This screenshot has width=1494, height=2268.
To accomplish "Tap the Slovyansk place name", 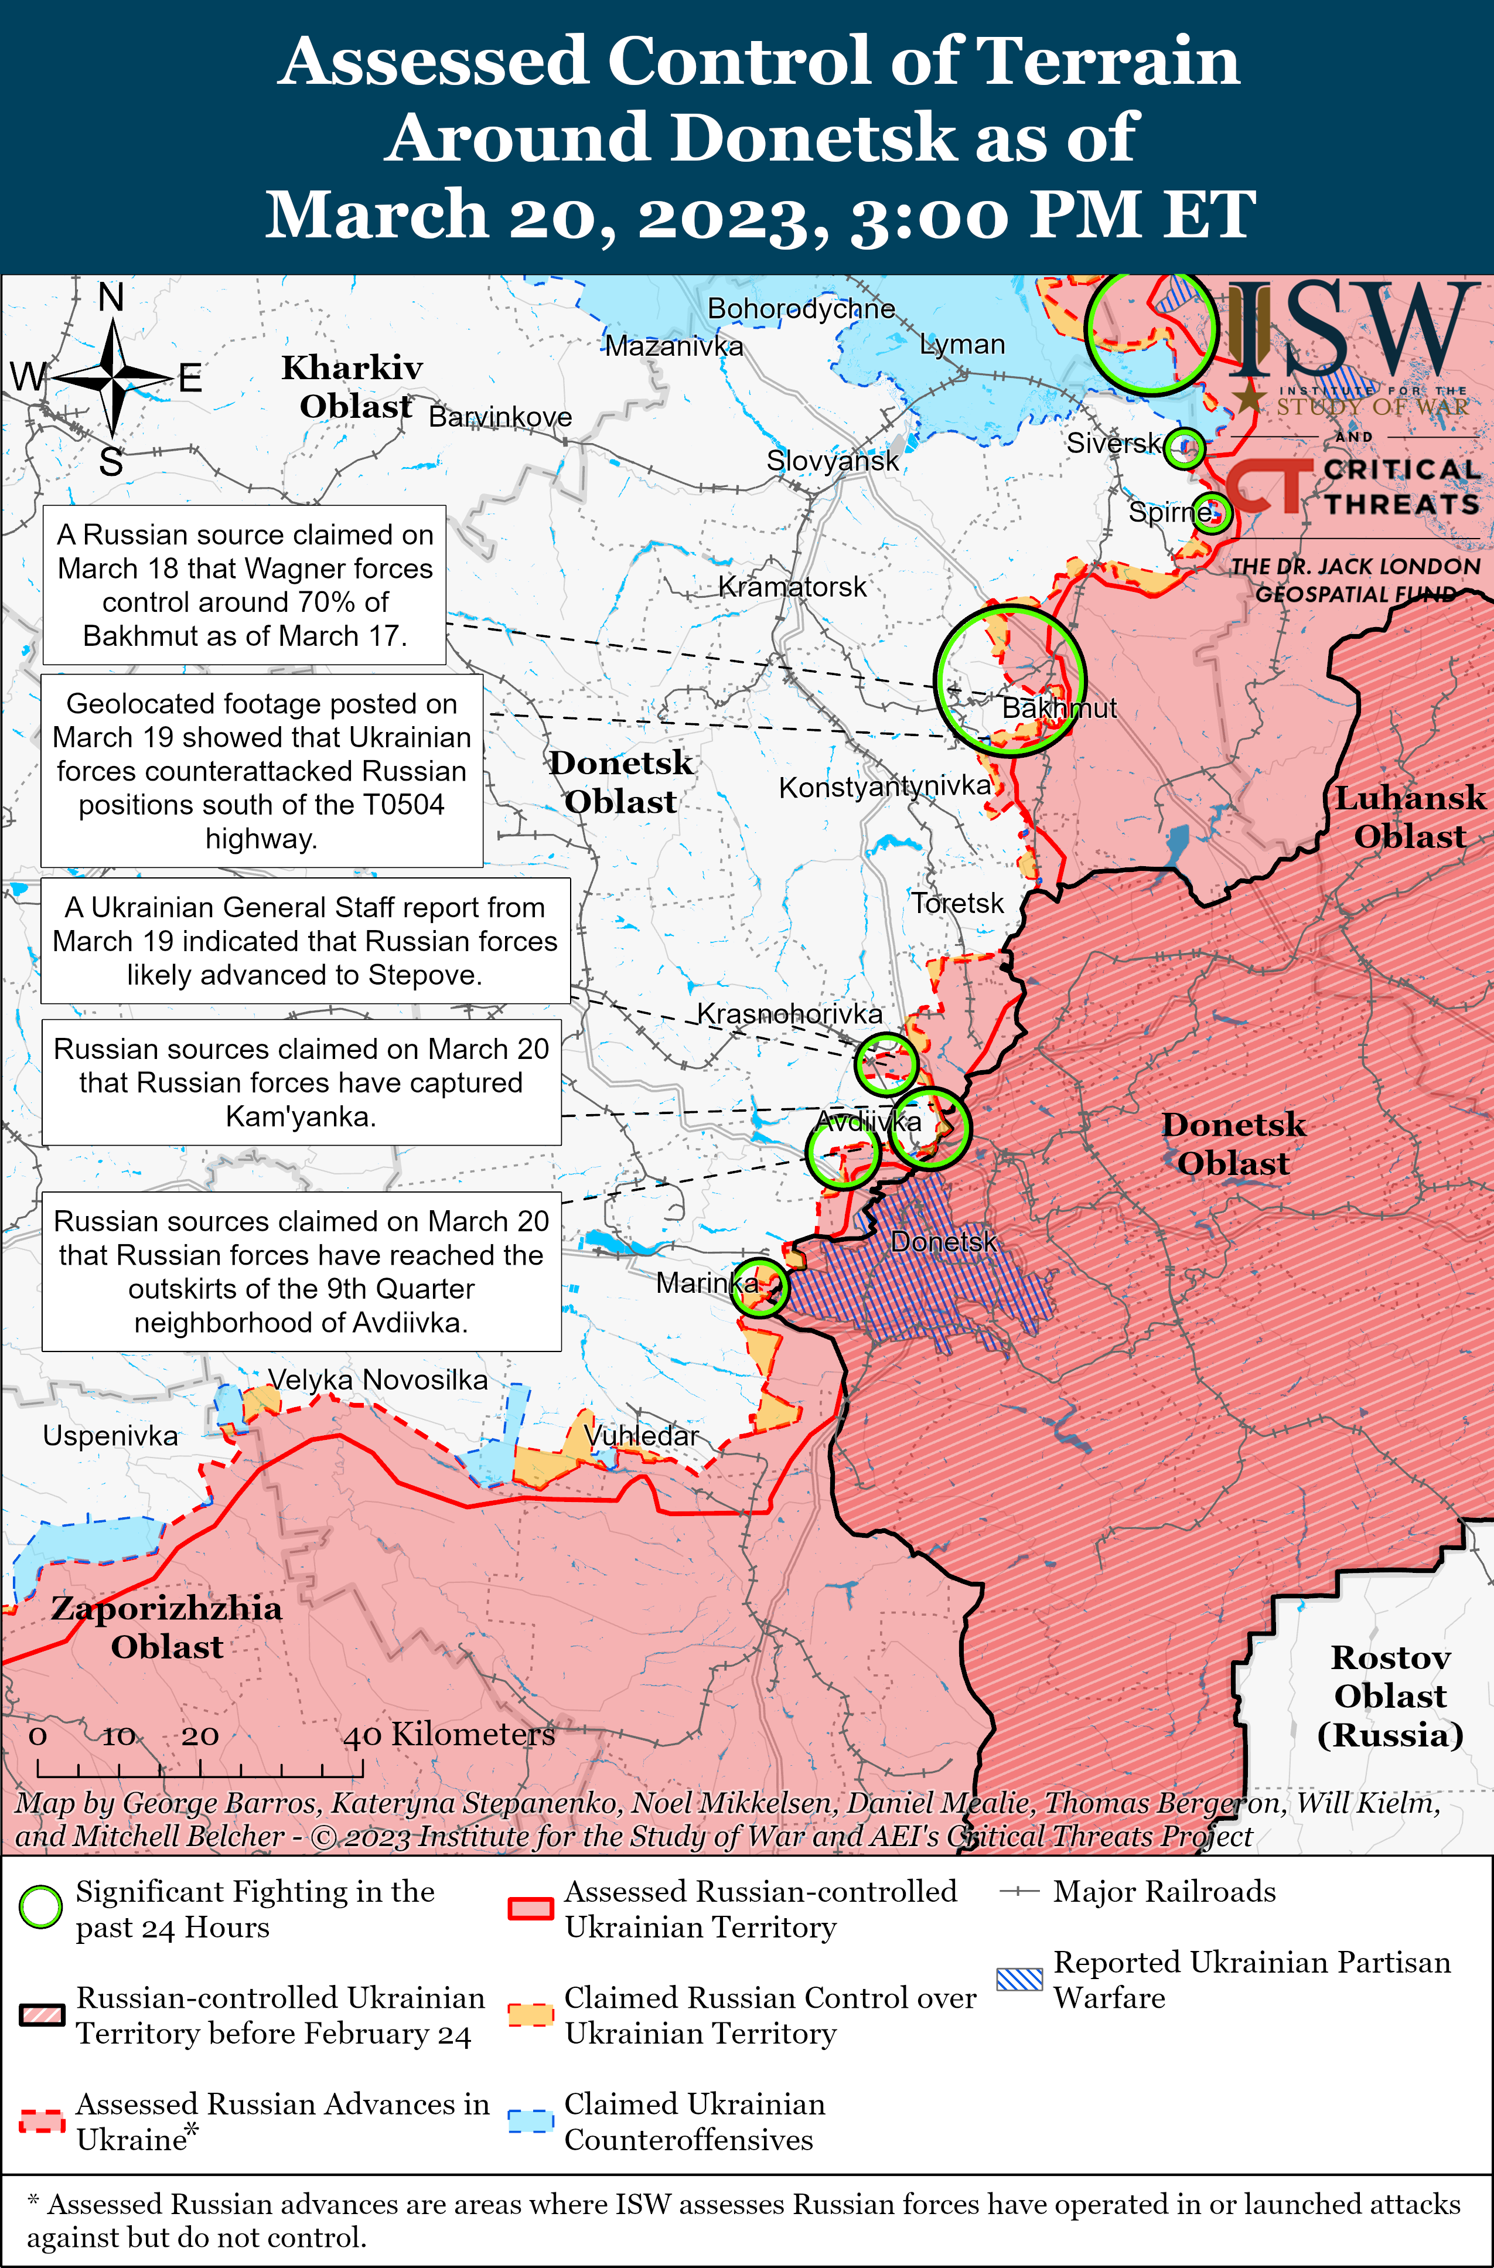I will point(832,461).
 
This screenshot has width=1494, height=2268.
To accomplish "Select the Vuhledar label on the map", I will point(641,1435).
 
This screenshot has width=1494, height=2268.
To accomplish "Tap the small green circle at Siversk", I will point(1184,447).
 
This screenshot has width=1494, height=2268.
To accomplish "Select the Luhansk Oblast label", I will point(1409,817).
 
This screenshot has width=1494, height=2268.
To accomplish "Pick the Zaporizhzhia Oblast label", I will point(167,1627).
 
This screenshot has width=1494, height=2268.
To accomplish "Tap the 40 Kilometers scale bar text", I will point(449,1734).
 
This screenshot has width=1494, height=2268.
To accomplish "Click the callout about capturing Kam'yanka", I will point(301,1082).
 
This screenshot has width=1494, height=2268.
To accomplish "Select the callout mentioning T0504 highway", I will point(262,771).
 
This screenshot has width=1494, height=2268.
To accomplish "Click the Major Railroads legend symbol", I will point(1018,1892).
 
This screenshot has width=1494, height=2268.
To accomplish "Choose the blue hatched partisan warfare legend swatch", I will point(1019,1979).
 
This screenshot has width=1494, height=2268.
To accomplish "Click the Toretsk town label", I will point(957,903).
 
